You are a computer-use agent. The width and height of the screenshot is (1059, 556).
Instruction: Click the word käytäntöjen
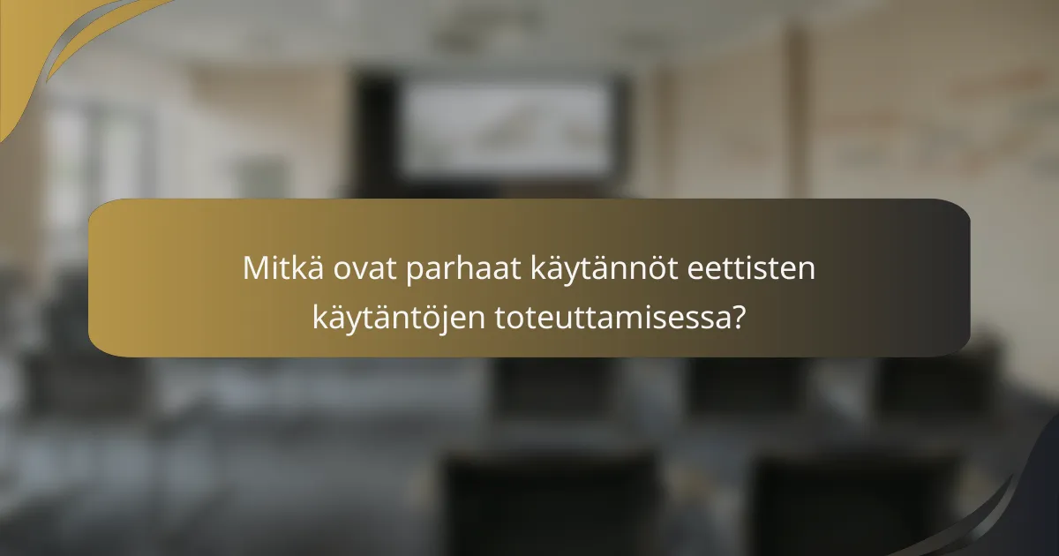click(x=398, y=317)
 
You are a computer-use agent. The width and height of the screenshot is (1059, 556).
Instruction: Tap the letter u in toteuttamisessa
click(x=575, y=319)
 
